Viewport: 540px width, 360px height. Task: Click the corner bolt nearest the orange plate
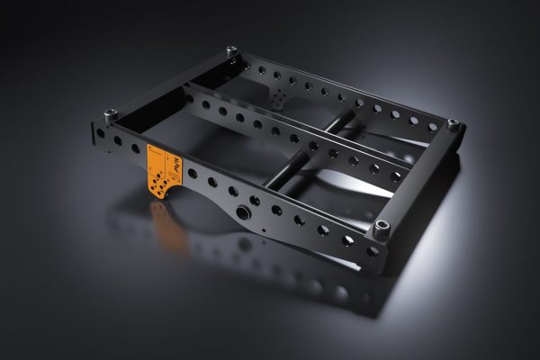[111, 115]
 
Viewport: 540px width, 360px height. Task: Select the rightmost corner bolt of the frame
[453, 123]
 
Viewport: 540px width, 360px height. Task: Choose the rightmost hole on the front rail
[373, 252]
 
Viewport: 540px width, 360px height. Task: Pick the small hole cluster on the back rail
[282, 93]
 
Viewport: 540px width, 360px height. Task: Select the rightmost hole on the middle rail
[396, 176]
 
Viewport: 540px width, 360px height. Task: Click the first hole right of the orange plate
[192, 174]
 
